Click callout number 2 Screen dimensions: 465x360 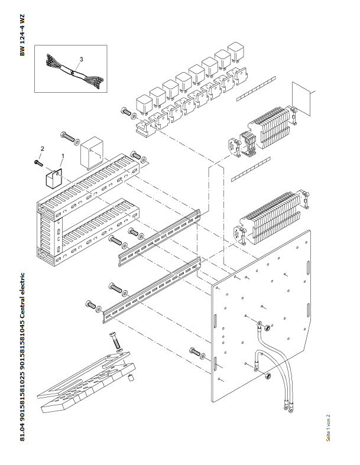42,148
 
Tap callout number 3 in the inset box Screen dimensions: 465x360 81,59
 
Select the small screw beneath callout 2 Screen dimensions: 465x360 38,161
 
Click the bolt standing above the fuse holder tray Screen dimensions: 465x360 113,342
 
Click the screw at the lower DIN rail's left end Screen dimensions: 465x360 92,305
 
